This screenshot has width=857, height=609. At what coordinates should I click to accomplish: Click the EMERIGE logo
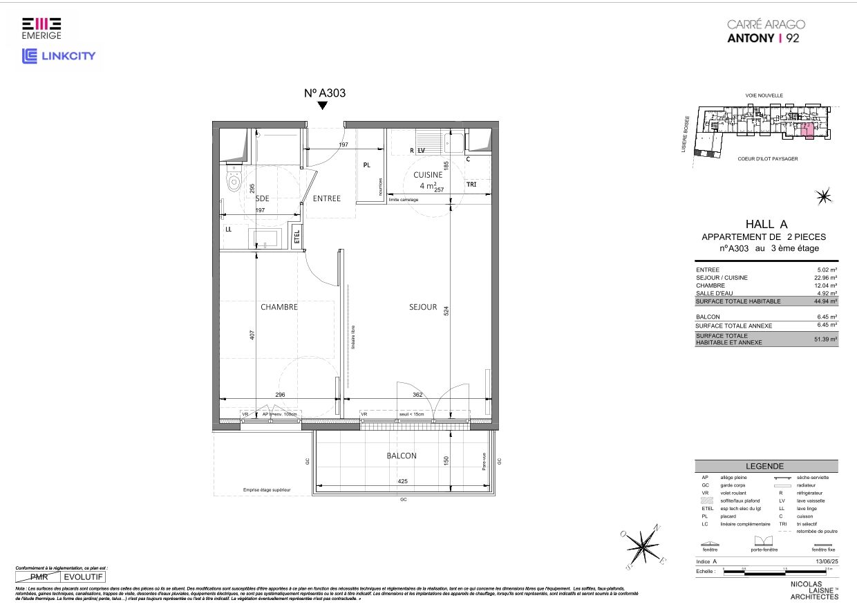(41, 28)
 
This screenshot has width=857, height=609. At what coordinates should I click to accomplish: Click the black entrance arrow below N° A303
(322, 106)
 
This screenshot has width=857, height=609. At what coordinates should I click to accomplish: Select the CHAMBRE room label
(279, 307)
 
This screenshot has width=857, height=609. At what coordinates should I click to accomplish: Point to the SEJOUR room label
(422, 307)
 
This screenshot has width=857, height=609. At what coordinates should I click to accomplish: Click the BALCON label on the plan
(402, 456)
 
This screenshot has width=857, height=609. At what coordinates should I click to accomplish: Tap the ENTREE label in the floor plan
(326, 198)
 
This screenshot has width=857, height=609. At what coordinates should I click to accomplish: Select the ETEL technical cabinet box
(297, 235)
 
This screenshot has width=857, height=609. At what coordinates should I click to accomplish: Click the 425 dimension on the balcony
(403, 482)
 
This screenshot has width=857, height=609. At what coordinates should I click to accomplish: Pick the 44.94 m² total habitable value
(826, 301)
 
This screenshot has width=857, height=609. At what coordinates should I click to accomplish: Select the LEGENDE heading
(764, 467)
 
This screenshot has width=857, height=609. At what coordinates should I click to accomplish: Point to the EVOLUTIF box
(83, 576)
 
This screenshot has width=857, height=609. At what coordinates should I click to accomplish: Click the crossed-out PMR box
(37, 576)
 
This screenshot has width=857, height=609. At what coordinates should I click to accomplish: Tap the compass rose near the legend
(643, 546)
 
